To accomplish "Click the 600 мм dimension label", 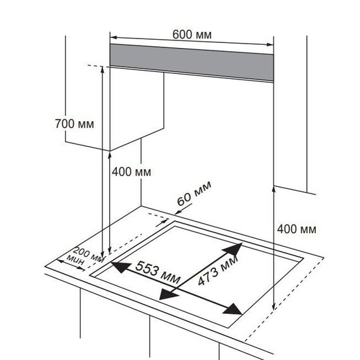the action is point(192,35).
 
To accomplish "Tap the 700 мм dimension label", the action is point(75,124).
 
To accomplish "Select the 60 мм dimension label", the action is point(195,193).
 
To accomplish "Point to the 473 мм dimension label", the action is point(218,270).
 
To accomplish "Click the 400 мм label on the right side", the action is point(296,229).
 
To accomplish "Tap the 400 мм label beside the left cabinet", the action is point(131,172).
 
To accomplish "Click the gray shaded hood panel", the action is point(192,62).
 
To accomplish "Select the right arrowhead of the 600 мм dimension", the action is point(270,45).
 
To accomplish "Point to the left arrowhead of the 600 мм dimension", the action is point(114,37).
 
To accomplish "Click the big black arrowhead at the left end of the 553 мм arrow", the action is point(121,267).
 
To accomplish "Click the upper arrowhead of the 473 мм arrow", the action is point(234,249).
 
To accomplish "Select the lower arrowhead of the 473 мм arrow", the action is point(168,294).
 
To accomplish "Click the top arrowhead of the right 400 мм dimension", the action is point(273,190).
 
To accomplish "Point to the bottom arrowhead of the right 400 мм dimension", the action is point(273,306).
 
